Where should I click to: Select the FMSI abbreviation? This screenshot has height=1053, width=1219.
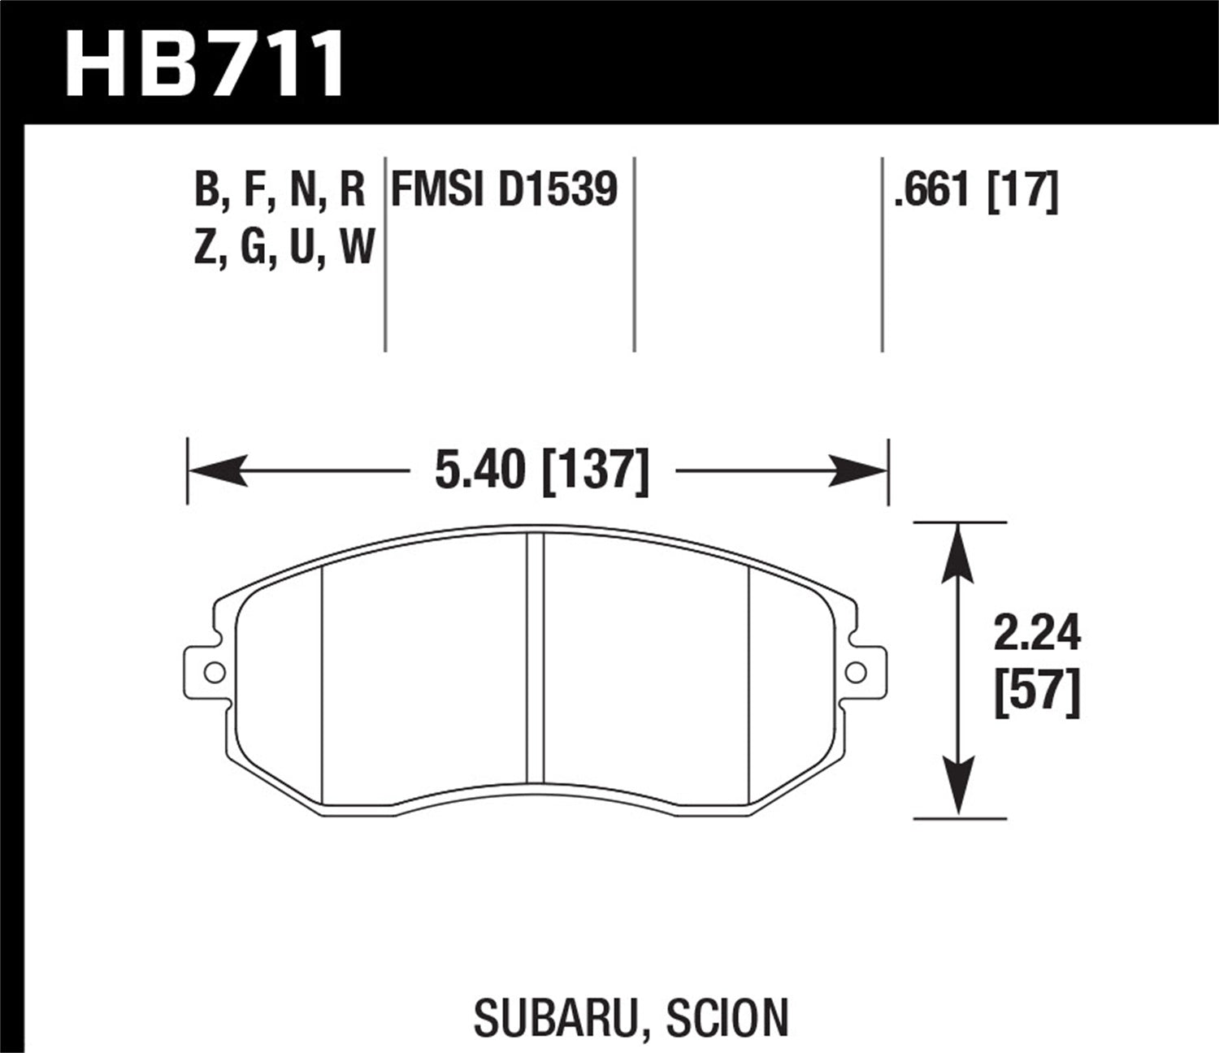pyautogui.click(x=436, y=190)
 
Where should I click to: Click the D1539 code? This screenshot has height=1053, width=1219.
pyautogui.click(x=558, y=190)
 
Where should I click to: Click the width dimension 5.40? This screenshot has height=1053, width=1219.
pyautogui.click(x=479, y=470)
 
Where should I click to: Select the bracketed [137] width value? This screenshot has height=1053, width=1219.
pyautogui.click(x=595, y=471)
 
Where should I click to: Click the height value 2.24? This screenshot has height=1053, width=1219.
pyautogui.click(x=1037, y=634)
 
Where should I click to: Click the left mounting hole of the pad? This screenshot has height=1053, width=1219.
pyautogui.click(x=215, y=672)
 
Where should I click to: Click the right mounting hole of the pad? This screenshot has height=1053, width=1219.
pyautogui.click(x=856, y=671)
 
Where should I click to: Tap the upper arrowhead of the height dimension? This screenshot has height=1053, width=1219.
pyautogui.click(x=959, y=552)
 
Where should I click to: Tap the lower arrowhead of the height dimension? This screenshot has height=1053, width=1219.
pyautogui.click(x=959, y=786)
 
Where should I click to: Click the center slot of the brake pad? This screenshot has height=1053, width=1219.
pyautogui.click(x=535, y=658)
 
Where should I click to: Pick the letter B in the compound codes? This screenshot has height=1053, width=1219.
pyautogui.click(x=207, y=190)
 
